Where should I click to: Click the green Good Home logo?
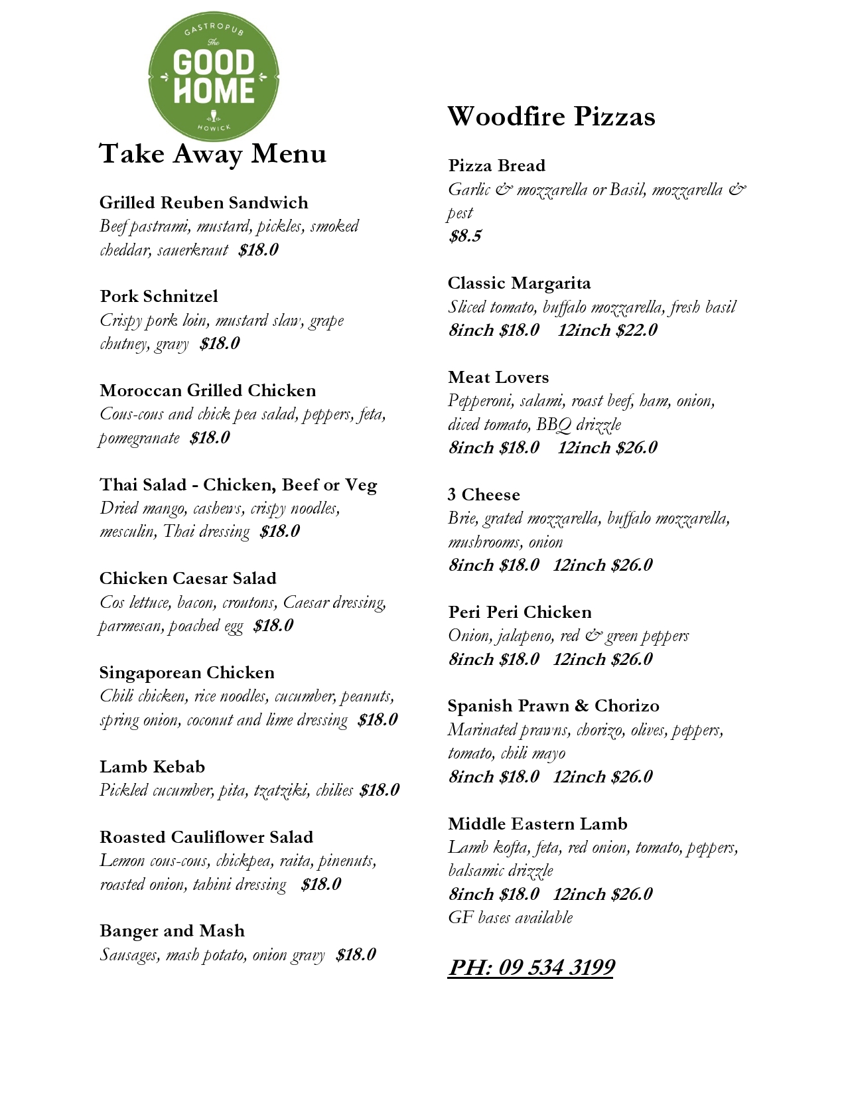coord(213,76)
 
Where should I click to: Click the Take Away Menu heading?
coord(212,154)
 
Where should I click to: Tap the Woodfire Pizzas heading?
coord(551,117)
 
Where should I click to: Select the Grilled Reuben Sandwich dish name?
coord(204,202)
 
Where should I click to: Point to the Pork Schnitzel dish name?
coord(159,296)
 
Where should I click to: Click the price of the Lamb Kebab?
coord(379,790)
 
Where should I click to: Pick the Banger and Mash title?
coord(172,930)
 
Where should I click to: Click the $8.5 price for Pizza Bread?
coord(464,236)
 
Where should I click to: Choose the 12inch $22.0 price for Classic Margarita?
coord(607,330)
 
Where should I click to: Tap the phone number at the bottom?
coord(530,967)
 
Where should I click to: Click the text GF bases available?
coord(510,917)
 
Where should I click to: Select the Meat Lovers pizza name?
coord(498,377)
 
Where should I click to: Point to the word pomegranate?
coord(139,438)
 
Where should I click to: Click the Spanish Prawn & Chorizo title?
coord(553,705)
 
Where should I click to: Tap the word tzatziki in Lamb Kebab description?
coord(281,790)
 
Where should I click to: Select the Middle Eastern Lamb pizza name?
coord(537,824)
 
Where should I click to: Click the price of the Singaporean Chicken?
coord(377,719)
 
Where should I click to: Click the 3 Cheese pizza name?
coord(484,494)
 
